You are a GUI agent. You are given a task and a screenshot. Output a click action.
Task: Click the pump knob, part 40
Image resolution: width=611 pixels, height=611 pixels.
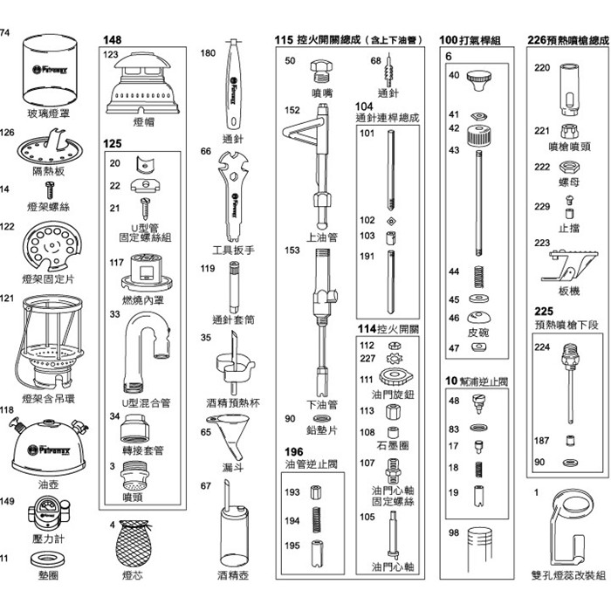click(x=478, y=80)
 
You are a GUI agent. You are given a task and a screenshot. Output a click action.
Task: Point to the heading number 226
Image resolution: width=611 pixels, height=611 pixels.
click(x=537, y=40)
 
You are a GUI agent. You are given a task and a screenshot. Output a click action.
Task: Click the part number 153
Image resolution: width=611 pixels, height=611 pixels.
click(x=292, y=250)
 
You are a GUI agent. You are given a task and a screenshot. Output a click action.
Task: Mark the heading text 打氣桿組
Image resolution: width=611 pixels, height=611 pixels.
click(x=481, y=40)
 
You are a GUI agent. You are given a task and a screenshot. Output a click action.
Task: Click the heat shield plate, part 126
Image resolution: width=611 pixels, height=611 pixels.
click(x=49, y=146)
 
